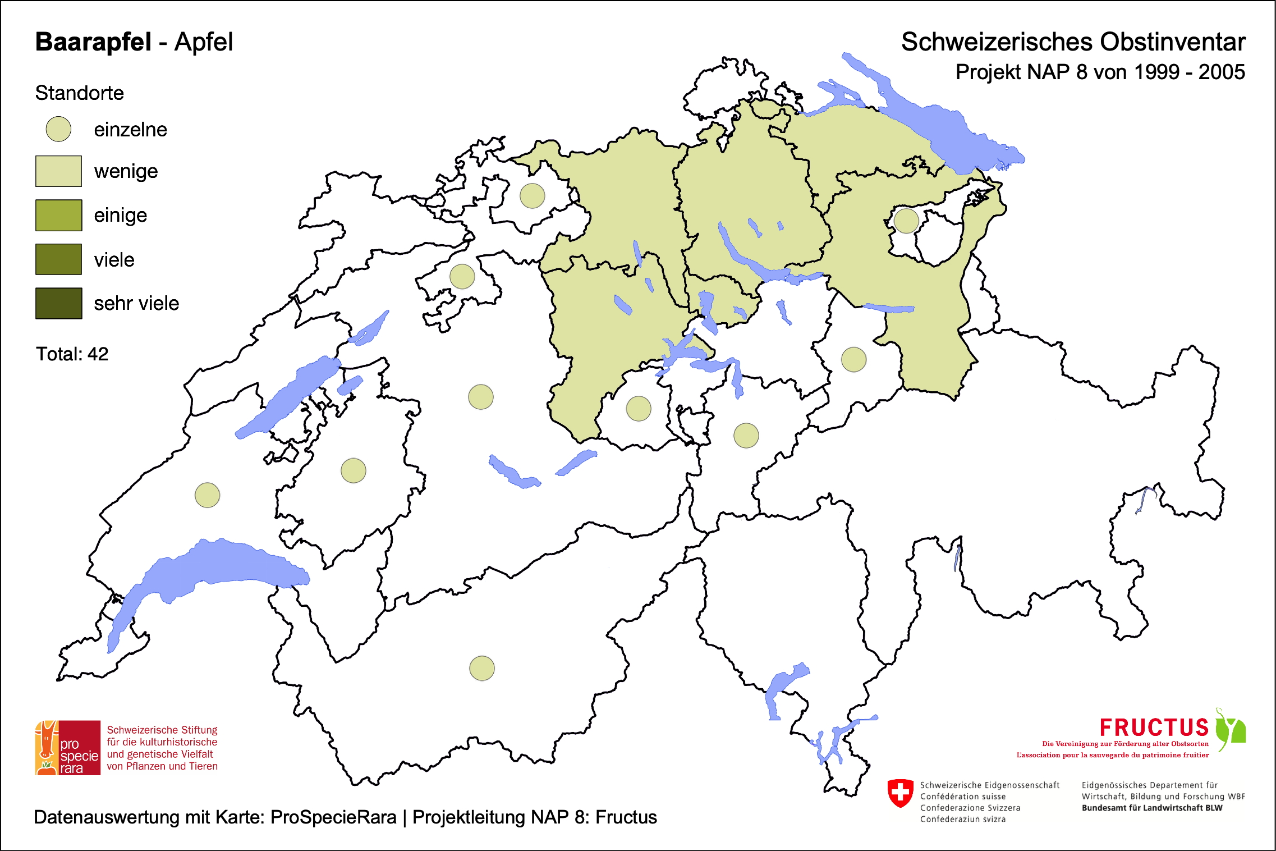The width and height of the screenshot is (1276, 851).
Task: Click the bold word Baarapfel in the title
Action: pyautogui.click(x=93, y=42)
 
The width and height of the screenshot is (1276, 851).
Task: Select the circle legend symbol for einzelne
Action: pyautogui.click(x=58, y=129)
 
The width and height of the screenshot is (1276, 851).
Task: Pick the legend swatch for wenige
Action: pyautogui.click(x=58, y=171)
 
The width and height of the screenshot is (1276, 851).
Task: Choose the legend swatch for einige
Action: pyautogui.click(x=58, y=215)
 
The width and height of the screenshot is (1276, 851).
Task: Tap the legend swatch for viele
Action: pyautogui.click(x=58, y=259)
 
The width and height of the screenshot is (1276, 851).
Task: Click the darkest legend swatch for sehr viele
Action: pyautogui.click(x=58, y=303)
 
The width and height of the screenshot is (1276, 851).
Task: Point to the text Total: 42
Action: pyautogui.click(x=72, y=354)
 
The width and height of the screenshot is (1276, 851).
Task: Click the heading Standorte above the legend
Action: pyautogui.click(x=79, y=93)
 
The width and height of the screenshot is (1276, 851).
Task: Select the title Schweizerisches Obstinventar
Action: pyautogui.click(x=1073, y=42)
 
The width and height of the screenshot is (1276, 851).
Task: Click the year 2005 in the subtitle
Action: pyautogui.click(x=1222, y=72)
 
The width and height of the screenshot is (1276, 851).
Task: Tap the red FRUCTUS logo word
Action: pyautogui.click(x=1154, y=728)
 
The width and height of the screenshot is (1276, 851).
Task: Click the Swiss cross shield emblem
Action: pyautogui.click(x=901, y=793)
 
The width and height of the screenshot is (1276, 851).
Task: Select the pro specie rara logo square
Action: pyautogui.click(x=68, y=748)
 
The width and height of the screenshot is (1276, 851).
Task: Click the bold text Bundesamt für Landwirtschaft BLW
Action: pyautogui.click(x=1152, y=808)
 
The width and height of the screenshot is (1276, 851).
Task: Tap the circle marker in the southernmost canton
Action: pyautogui.click(x=481, y=668)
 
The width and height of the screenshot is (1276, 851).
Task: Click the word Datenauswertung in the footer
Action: pyautogui.click(x=107, y=817)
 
